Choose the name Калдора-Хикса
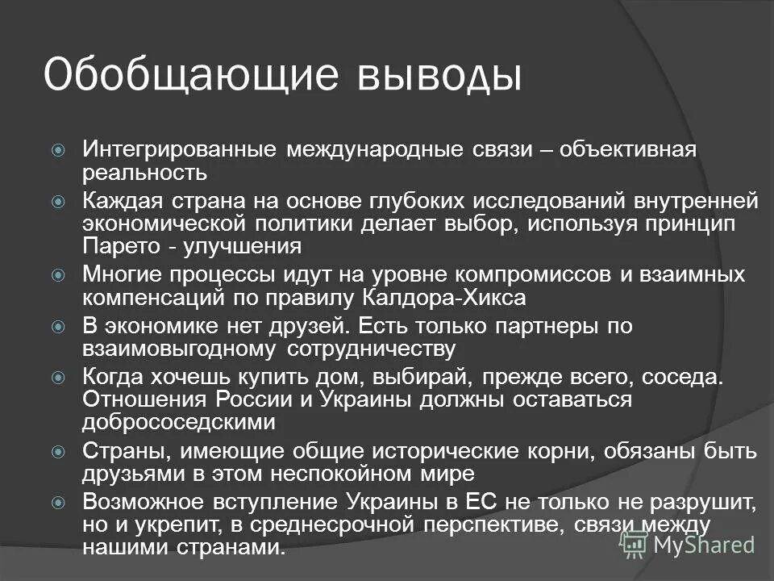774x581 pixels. (458, 298)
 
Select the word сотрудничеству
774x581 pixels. (371, 349)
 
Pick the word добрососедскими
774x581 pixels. (178, 422)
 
